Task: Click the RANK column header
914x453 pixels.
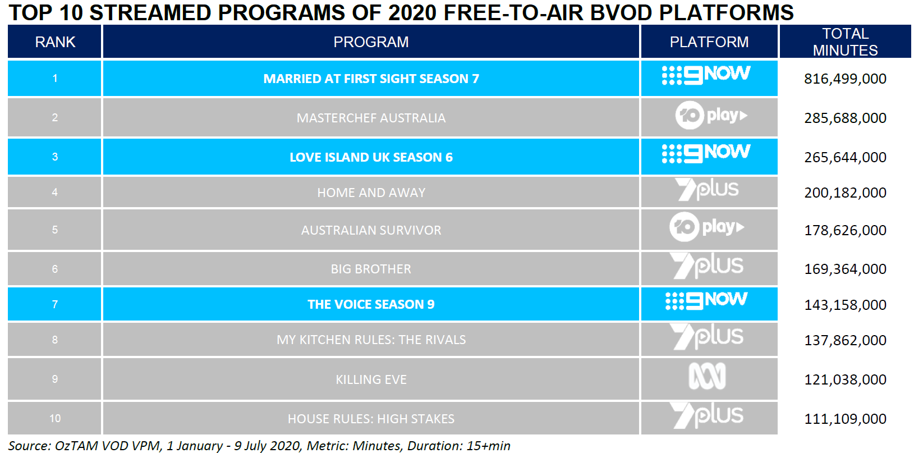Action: pos(55,42)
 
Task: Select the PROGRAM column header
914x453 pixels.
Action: pos(371,42)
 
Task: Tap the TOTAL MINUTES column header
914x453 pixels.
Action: pos(845,42)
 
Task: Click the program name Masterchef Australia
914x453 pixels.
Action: pos(371,118)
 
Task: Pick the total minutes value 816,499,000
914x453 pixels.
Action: pos(845,79)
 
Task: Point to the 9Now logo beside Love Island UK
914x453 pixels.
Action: pos(706,154)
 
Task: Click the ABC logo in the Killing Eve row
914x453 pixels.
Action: pos(707,376)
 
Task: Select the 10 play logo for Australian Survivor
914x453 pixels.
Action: pos(707,227)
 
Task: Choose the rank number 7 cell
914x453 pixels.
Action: pos(54,304)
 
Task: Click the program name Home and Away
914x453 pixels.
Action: pos(371,192)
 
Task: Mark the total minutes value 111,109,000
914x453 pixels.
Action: pos(845,419)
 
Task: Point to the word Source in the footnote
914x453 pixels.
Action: pos(27,446)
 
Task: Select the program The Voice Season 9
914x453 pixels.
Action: pos(371,304)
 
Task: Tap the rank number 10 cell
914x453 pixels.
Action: pos(54,418)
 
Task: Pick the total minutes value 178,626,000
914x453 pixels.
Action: pos(845,230)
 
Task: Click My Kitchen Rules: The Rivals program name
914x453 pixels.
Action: pos(371,340)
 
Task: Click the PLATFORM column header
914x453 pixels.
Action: pos(709,42)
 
